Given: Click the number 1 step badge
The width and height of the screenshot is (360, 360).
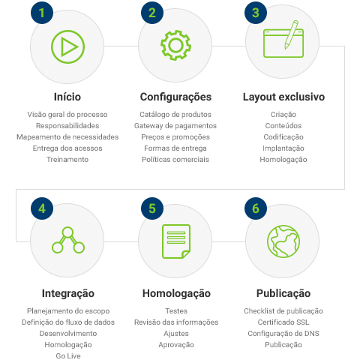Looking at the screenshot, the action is coord(42,13).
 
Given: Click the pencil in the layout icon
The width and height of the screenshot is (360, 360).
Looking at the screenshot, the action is coord(292,34).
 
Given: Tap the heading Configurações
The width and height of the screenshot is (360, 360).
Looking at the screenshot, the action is coord(175,97).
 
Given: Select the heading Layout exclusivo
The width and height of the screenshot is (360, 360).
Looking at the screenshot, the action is coord(283,97).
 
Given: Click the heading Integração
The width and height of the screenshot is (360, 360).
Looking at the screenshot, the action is coord(68,293).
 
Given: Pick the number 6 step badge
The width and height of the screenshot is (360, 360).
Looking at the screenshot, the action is coord(256,208).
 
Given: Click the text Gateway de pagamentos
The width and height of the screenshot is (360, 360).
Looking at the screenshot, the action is coord(175,126).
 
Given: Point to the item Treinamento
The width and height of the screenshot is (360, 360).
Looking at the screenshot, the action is coord(67,160).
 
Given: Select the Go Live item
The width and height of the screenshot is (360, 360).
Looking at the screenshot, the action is coord(68,355).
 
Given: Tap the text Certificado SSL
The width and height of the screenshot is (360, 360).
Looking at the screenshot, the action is coord(283,322).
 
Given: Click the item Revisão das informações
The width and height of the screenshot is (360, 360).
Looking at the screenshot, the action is coord(176,322).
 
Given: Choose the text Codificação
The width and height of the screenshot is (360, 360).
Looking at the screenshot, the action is coord(283,137).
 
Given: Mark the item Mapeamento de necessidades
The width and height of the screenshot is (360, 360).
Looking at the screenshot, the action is coord(67,137).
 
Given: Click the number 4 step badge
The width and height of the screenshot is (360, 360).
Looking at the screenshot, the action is coord(42,208).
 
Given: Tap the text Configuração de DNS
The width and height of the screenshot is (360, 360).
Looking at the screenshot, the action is coord(283,334).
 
